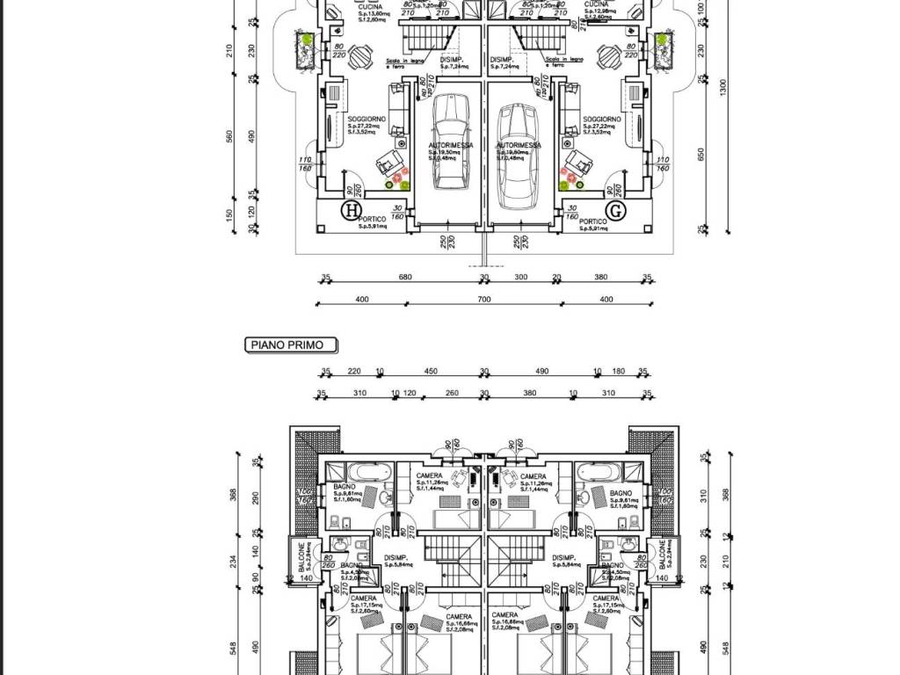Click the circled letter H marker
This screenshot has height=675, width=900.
click(x=352, y=211)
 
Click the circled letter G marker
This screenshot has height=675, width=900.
click(x=616, y=211)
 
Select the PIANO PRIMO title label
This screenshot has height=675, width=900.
click(x=289, y=346)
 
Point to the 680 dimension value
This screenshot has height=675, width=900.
click(x=405, y=278)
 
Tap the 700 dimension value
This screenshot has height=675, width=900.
click(x=483, y=300)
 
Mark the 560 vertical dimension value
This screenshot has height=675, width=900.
click(x=231, y=137)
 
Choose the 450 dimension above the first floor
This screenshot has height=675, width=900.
click(x=431, y=371)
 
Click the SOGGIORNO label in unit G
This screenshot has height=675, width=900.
click(x=601, y=119)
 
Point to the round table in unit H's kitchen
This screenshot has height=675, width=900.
click(x=359, y=58)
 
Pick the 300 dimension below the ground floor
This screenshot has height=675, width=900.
click(x=520, y=278)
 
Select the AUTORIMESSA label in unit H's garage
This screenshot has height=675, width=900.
click(x=451, y=146)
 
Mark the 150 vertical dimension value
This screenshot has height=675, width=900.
click(x=231, y=214)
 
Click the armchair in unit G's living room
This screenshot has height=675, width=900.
click(x=579, y=160)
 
